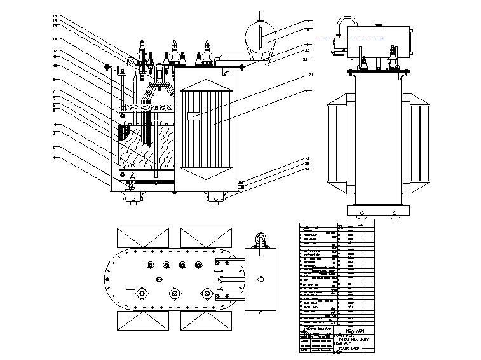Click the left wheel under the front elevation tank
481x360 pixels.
coord(134,198)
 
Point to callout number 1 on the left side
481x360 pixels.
coord(55,158)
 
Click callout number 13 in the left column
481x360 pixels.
coord(55,39)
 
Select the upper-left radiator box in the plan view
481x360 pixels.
coord(141,238)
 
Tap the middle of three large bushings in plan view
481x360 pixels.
coord(173,293)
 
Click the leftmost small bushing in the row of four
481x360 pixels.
coord(150,265)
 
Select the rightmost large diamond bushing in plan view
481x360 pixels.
coord(206,293)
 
